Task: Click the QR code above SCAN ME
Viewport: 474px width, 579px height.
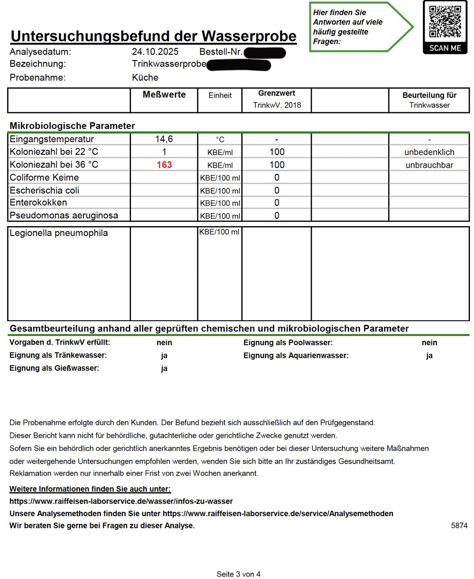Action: [x=445, y=21]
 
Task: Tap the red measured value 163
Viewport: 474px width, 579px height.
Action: [x=164, y=165]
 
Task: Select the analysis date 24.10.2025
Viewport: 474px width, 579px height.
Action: [x=155, y=52]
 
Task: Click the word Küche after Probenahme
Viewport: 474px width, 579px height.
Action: [x=145, y=77]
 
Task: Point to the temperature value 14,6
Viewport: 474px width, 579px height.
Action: [x=164, y=139]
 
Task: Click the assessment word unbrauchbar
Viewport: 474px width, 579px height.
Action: [x=429, y=165]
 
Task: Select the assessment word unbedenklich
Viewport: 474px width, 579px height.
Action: [x=429, y=152]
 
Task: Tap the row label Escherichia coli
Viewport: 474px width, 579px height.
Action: [x=44, y=190]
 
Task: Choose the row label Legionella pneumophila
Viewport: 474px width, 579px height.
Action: [x=59, y=233]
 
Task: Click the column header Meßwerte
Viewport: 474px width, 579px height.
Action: [x=164, y=95]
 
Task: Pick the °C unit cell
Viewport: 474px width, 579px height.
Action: [x=220, y=139]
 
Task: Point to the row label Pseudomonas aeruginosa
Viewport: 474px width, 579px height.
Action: [x=64, y=215]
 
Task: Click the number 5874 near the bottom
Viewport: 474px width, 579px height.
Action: [x=459, y=526]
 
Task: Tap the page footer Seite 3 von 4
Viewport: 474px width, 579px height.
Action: [x=239, y=574]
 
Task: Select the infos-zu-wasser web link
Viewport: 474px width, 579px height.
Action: [x=121, y=501]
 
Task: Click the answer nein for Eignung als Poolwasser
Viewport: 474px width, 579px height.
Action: [x=429, y=343]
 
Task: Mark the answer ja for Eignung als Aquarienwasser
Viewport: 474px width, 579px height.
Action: [x=429, y=356]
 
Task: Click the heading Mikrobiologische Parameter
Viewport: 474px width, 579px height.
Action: [x=72, y=126]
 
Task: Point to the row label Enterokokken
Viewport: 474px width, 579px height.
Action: [x=38, y=203]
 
